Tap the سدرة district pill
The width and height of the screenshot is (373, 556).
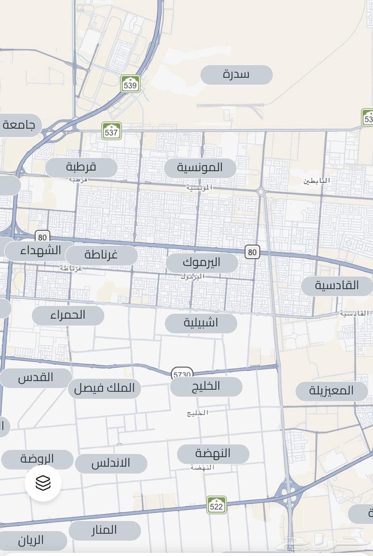click(236, 75)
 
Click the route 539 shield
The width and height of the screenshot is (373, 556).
click(130, 84)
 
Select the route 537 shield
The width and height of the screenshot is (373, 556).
click(111, 131)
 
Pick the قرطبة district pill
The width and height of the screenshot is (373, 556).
click(81, 167)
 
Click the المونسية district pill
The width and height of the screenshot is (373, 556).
click(200, 168)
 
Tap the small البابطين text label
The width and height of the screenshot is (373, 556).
click(317, 181)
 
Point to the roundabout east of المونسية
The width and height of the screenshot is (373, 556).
click(261, 191)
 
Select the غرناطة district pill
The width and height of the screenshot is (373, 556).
click(102, 255)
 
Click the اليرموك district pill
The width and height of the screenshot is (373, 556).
click(202, 263)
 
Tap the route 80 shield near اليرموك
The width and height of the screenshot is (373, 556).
click(252, 251)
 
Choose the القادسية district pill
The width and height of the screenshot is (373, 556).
click(337, 286)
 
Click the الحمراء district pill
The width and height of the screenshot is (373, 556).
click(68, 316)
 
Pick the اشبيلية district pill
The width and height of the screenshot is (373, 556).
click(201, 323)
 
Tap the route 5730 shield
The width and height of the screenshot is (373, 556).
click(182, 374)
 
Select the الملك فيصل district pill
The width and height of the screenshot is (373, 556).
click(104, 389)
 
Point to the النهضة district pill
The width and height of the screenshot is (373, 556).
click(213, 454)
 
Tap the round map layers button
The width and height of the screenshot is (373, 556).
click(43, 483)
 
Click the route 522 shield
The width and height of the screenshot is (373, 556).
click(216, 505)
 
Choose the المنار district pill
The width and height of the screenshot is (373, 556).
click(104, 530)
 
